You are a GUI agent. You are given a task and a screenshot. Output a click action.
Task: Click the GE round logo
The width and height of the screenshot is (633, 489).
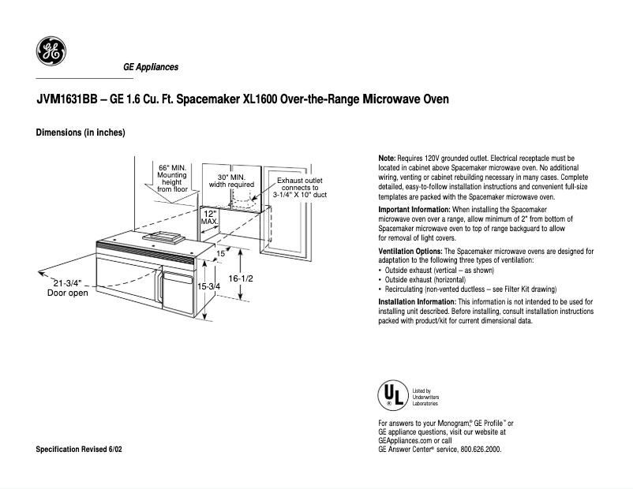pos(51,52)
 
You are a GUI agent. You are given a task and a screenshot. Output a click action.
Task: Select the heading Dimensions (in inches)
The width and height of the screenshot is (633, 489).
pos(81,133)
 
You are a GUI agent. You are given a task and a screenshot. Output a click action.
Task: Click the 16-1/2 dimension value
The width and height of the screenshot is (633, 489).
pos(241,278)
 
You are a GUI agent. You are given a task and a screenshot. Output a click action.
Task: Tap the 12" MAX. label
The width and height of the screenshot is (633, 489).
pos(209,217)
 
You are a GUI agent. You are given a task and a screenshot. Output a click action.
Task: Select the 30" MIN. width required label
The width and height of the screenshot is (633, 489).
pos(231,181)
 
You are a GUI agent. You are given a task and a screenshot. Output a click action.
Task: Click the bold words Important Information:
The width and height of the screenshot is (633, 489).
pos(414,209)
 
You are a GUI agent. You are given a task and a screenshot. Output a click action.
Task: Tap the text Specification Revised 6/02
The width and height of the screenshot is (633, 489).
pos(79,449)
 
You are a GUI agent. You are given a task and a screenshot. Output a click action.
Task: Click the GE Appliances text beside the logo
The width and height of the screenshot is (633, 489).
pos(151,67)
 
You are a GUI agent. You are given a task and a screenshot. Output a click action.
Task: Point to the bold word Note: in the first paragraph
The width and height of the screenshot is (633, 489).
pos(388,159)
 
